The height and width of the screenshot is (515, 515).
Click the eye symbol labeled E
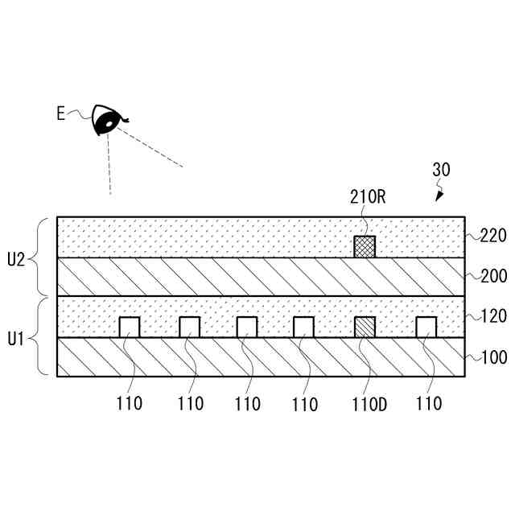point(105,120)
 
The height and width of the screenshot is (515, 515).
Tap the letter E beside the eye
point(60,113)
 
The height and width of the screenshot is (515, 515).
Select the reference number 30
point(441,170)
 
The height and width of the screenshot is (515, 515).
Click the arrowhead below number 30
point(439,194)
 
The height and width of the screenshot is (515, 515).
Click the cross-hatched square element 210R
point(365,246)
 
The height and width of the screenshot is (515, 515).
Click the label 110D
point(369,404)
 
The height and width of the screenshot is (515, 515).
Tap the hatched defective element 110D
point(365,327)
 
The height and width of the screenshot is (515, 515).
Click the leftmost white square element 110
point(129,327)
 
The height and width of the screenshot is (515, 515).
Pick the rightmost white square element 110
point(426,327)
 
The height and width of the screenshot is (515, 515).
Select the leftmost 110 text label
point(129,403)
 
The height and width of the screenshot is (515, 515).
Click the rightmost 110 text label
point(429,403)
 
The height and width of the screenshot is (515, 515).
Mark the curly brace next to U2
point(43,257)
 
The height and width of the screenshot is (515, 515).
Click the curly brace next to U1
point(43,336)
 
